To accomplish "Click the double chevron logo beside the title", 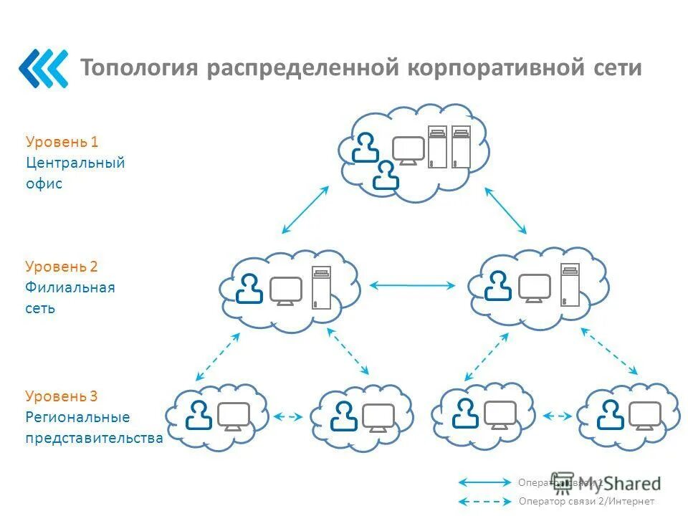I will coord(43,68).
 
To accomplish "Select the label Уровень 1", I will coord(62,142).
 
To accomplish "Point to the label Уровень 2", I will coord(62,267).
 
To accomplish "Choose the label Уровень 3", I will coord(62,396).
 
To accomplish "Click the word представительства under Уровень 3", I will coord(95,437).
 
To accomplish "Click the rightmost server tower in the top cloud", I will coord(461,147).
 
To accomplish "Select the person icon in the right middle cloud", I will coord(497,286).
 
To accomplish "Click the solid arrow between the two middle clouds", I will coord(412,285).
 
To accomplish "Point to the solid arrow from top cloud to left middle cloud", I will coord(305,209).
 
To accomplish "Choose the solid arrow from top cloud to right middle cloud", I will coord(506,210).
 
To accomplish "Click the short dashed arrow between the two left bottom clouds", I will coord(288,416).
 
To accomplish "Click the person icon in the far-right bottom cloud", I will coord(611,414).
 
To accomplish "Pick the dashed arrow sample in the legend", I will coord(484,501).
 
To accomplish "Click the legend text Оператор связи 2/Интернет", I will coord(586,501).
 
